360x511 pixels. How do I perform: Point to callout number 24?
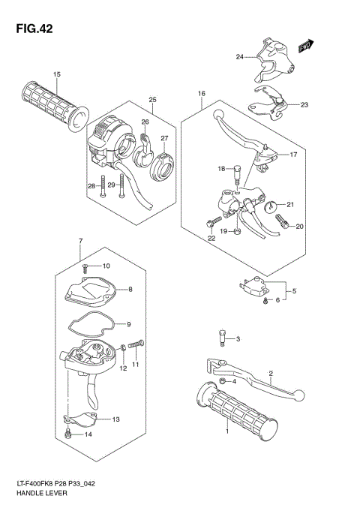[x=239, y=57]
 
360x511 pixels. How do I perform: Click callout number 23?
[x=304, y=105]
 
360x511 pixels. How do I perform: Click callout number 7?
[x=79, y=240]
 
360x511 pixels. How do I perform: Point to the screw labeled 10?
[x=86, y=267]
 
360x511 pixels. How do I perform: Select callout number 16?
[x=202, y=94]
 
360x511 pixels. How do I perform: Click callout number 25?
[x=151, y=100]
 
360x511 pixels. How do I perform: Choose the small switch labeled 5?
[x=255, y=287]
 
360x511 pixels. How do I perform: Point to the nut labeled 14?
[x=68, y=434]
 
